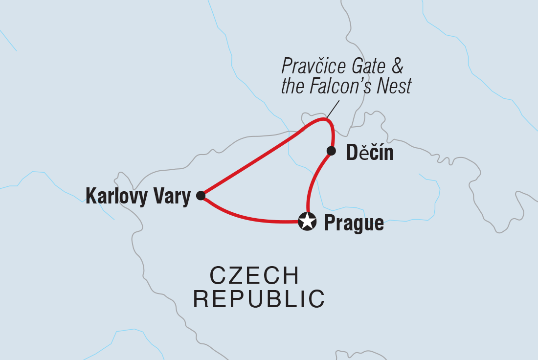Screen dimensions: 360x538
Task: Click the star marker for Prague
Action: (x=307, y=222)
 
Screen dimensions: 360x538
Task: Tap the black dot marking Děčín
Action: (x=331, y=150)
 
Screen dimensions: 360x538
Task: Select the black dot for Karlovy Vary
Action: (x=201, y=196)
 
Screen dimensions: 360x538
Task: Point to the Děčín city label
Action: (x=369, y=153)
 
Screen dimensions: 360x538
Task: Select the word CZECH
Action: (x=254, y=276)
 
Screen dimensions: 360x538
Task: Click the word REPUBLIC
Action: (x=259, y=299)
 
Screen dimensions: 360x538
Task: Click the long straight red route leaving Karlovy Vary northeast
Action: (x=249, y=165)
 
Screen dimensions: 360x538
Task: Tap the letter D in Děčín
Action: (x=352, y=153)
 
